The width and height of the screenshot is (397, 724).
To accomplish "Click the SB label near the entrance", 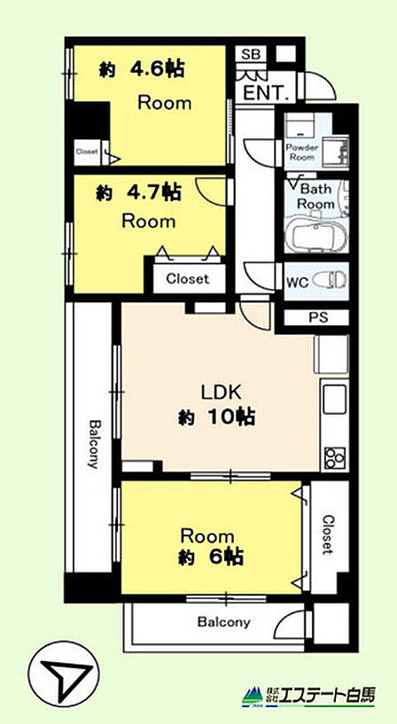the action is (251, 54).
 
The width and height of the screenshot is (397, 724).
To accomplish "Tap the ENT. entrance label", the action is (267, 94).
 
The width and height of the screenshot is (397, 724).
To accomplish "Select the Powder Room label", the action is (302, 152).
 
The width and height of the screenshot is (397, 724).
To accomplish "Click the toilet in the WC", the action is (329, 280).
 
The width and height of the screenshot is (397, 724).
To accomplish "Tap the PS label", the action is (316, 317).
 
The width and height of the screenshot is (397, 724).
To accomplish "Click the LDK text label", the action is (220, 393).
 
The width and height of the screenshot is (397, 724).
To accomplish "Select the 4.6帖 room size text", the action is (143, 70).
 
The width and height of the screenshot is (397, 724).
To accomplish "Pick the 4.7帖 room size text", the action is (138, 193).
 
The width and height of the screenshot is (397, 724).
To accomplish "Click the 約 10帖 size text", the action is (217, 417).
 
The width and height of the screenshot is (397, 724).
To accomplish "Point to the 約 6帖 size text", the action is (211, 557).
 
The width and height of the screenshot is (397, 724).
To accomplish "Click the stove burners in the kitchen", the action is (335, 457).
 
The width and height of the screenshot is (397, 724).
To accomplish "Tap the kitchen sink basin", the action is (335, 400).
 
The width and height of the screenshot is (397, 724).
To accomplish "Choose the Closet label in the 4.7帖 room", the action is (187, 278).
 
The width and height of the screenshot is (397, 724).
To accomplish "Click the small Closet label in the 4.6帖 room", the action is (87, 151).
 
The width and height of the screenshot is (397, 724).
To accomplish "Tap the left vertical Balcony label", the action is (94, 443).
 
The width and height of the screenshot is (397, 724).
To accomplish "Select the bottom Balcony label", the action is (223, 622).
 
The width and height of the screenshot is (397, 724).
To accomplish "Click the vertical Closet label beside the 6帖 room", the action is (327, 534).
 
